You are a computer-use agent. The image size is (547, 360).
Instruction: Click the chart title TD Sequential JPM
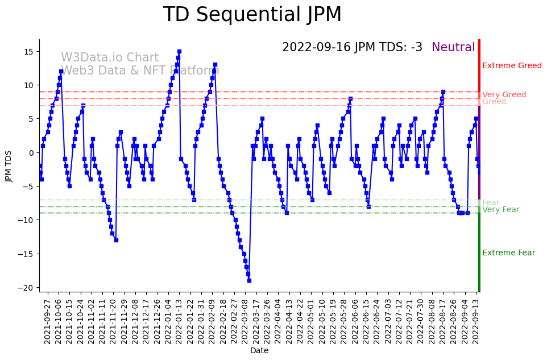click(x=252, y=15)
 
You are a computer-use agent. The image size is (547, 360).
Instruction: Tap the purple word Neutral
click(x=453, y=48)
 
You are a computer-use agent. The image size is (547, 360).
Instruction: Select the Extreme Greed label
click(x=512, y=66)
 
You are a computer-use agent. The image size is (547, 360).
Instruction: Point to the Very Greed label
click(x=504, y=95)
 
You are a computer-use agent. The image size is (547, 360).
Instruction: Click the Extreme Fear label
click(x=508, y=253)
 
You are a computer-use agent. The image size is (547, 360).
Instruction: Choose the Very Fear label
click(x=500, y=210)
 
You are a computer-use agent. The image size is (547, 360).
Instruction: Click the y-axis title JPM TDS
click(x=9, y=165)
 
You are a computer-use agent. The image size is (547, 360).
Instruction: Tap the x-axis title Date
click(x=259, y=351)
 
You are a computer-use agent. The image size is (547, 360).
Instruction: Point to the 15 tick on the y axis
click(x=30, y=52)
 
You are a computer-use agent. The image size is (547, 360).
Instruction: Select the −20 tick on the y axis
click(x=28, y=288)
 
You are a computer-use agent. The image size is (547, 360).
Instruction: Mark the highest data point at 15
click(x=179, y=52)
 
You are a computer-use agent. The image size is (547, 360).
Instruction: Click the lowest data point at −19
click(x=249, y=280)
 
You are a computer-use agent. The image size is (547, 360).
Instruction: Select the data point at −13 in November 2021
click(x=116, y=240)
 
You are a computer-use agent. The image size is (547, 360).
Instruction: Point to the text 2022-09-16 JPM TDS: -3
click(x=352, y=48)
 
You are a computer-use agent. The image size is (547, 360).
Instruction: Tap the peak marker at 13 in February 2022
click(x=215, y=65)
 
